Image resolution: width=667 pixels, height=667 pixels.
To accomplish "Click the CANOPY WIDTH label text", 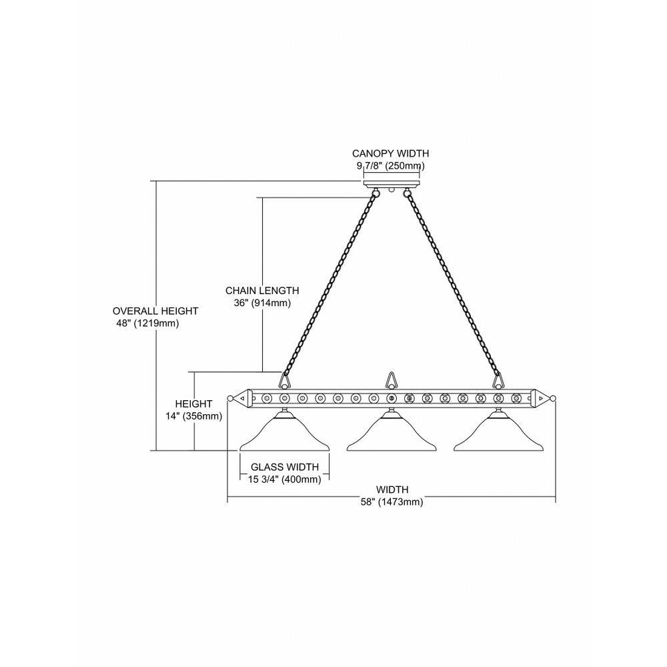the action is (390, 153).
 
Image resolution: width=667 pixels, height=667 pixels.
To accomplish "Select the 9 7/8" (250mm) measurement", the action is (390, 165).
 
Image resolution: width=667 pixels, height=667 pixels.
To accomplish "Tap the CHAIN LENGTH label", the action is (262, 291).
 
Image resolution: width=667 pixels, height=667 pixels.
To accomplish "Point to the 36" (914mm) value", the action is (262, 303).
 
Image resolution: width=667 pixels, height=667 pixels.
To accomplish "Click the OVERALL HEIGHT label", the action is (155, 311).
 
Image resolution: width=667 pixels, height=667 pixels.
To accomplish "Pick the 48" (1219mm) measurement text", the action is (147, 323).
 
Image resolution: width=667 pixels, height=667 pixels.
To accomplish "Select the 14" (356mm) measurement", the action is (194, 416).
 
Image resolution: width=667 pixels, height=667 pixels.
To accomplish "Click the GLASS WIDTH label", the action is (285, 467).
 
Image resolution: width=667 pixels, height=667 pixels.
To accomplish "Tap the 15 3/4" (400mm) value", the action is (285, 480).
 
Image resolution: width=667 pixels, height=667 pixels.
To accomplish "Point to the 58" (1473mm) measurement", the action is (392, 502).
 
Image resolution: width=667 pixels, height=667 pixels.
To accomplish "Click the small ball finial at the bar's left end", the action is (230, 399).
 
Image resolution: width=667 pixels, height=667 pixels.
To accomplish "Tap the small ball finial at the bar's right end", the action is (553, 399).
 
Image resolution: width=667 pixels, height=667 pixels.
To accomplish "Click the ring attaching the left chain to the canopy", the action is (375, 194).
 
